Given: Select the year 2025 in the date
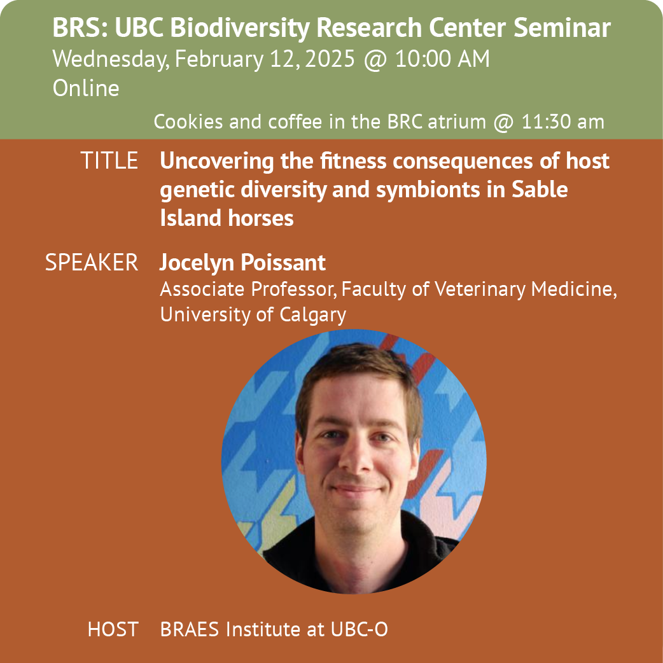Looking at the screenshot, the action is [330, 59].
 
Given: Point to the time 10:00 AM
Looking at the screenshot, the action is [442, 59].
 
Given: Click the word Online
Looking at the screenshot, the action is [86, 88].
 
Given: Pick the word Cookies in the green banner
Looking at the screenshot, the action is [188, 122].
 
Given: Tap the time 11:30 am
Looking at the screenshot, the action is [563, 122].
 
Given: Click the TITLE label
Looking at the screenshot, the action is [109, 161].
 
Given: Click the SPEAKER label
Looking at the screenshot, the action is [92, 263].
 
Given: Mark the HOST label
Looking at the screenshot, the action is [113, 630].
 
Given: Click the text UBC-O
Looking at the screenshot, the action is [359, 630].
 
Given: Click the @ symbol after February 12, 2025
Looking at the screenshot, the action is [375, 59].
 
